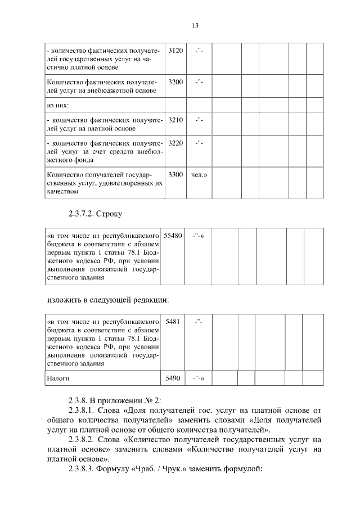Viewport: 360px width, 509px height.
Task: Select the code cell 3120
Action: pyautogui.click(x=175, y=51)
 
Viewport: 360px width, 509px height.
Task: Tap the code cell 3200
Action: pyautogui.click(x=175, y=82)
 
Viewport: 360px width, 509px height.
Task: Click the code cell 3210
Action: pyautogui.click(x=175, y=120)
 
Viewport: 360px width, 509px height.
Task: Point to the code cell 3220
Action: pyautogui.click(x=175, y=143)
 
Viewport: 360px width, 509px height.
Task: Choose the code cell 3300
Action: pyautogui.click(x=175, y=174)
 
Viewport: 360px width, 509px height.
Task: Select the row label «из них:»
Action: pyautogui.click(x=61, y=105)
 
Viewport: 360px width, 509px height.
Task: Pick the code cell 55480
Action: pyautogui.click(x=173, y=236)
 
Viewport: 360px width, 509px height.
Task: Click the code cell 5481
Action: pyautogui.click(x=174, y=321)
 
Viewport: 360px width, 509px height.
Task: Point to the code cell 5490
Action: pyautogui.click(x=173, y=379)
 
